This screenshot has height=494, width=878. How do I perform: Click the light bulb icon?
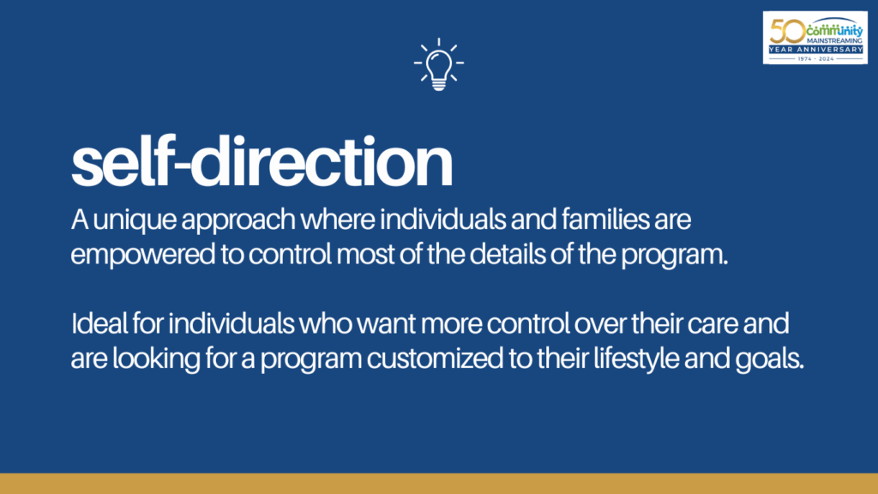[x=439, y=64]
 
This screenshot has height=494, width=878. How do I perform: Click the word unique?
[x=135, y=220]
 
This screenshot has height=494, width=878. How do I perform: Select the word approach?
[x=238, y=220]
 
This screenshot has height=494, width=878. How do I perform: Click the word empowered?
[x=143, y=256]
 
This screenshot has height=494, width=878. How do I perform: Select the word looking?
[x=156, y=359]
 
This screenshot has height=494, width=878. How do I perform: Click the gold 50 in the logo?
[x=787, y=31]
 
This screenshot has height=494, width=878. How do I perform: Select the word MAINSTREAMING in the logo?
[x=834, y=41]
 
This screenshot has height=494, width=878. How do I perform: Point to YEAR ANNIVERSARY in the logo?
[x=815, y=50]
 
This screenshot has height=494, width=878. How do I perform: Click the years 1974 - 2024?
[x=815, y=58]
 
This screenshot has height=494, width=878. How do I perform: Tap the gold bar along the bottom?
[x=439, y=484]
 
